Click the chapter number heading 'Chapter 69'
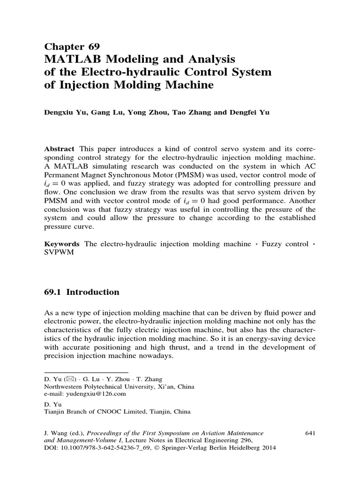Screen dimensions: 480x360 click(72, 46)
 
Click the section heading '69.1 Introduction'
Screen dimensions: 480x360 click(82, 292)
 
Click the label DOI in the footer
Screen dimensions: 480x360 click(50, 448)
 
